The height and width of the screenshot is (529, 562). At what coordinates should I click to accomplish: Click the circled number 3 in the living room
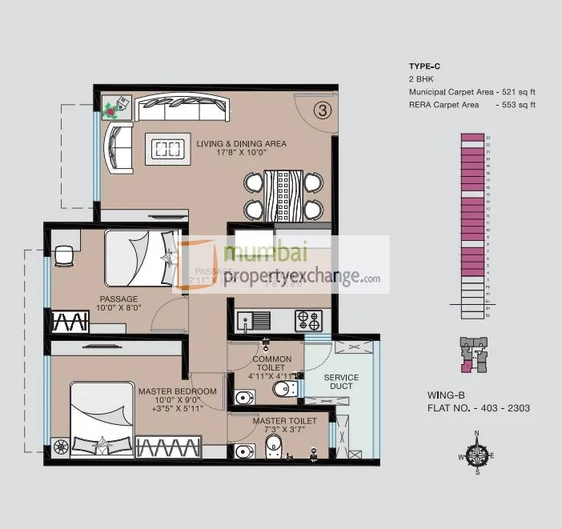coord(322,111)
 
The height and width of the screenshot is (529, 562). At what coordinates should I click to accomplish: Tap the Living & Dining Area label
coord(241,144)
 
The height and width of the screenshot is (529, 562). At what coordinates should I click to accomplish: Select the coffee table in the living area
coord(168,147)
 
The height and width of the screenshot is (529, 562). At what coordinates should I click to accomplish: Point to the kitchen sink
coord(260,320)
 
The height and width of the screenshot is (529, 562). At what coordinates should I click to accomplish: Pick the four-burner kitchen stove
coord(310,320)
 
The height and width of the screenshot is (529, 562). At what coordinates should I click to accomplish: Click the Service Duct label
coord(341,382)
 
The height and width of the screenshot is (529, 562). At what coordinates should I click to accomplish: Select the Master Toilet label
coord(284,421)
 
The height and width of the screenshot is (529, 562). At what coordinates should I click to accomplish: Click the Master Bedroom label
coord(177,391)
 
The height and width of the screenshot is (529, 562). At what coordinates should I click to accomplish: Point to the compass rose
coord(478,455)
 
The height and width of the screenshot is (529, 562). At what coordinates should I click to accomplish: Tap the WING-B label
coord(445,395)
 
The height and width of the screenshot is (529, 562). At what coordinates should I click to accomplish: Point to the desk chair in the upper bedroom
coord(63,254)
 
